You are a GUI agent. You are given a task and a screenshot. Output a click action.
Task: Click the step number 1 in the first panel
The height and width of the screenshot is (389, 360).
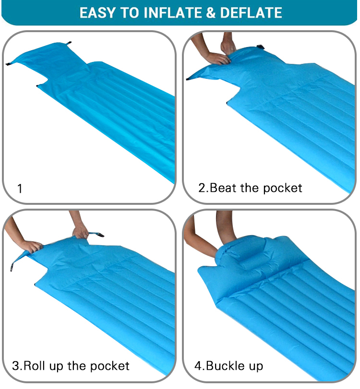coord(20,189)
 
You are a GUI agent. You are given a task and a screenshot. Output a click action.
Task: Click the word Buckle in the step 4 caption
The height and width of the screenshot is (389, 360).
coord(225,366)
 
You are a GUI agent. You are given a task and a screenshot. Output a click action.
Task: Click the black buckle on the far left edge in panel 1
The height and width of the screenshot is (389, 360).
coord(8,64)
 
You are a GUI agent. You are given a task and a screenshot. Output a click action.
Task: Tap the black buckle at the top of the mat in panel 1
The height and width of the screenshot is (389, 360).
coord(69,43)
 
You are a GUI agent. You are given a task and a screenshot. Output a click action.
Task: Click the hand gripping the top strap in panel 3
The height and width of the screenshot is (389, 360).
coord(80,232)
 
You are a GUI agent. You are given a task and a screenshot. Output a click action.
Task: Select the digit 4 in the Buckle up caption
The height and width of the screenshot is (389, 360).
coord(199,366)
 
